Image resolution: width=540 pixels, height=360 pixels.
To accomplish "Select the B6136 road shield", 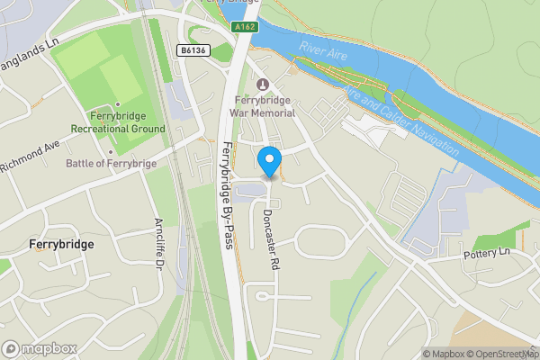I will coord(193,51).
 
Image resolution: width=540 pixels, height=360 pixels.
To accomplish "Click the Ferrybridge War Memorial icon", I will coord(263,85).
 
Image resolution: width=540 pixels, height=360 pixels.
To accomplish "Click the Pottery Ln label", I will coord(486,252).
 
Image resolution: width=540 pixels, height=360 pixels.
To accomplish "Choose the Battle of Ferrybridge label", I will coord(112,164).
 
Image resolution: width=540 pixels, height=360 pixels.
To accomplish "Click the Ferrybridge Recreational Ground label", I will coord(127,122).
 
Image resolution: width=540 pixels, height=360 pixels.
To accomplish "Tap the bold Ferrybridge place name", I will coord(62,244).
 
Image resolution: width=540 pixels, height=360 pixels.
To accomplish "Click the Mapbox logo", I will coord(40,348).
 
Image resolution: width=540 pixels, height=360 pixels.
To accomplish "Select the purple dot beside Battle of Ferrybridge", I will coord(60,164).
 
